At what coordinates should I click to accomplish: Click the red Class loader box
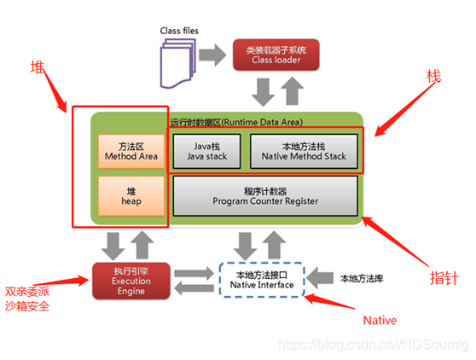click(x=276, y=55)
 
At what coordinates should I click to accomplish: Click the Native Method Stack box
click(x=303, y=151)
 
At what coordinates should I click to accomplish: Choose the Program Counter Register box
click(x=264, y=195)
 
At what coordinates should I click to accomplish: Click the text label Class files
click(x=180, y=32)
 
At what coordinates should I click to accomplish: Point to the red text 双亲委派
click(x=26, y=288)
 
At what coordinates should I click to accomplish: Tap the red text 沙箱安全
click(x=26, y=305)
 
